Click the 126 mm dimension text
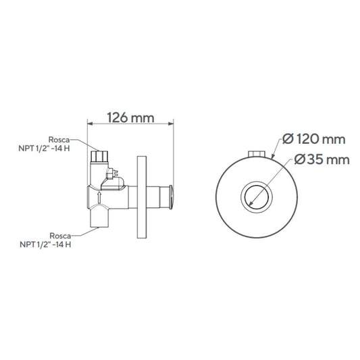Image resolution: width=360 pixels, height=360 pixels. point(130,118)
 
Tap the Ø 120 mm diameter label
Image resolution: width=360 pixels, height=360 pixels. point(314,139)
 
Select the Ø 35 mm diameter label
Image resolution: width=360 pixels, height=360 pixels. point(322,159)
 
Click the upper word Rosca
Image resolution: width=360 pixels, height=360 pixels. point(59,140)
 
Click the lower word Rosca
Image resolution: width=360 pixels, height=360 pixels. point(60,236)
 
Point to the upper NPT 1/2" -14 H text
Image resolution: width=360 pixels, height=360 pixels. point(44,149)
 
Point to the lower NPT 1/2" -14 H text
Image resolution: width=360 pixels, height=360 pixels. point(45,245)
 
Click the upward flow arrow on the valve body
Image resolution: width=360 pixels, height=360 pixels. point(99,198)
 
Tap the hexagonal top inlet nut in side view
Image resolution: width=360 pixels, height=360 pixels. point(99,156)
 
